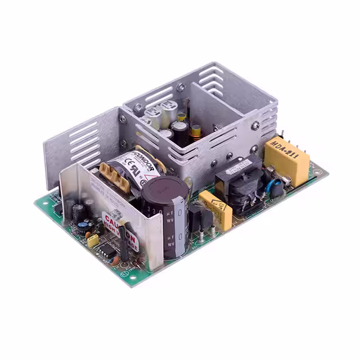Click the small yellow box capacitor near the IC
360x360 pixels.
93,240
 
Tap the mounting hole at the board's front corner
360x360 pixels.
134,276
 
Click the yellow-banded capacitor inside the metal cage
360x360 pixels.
196,132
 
